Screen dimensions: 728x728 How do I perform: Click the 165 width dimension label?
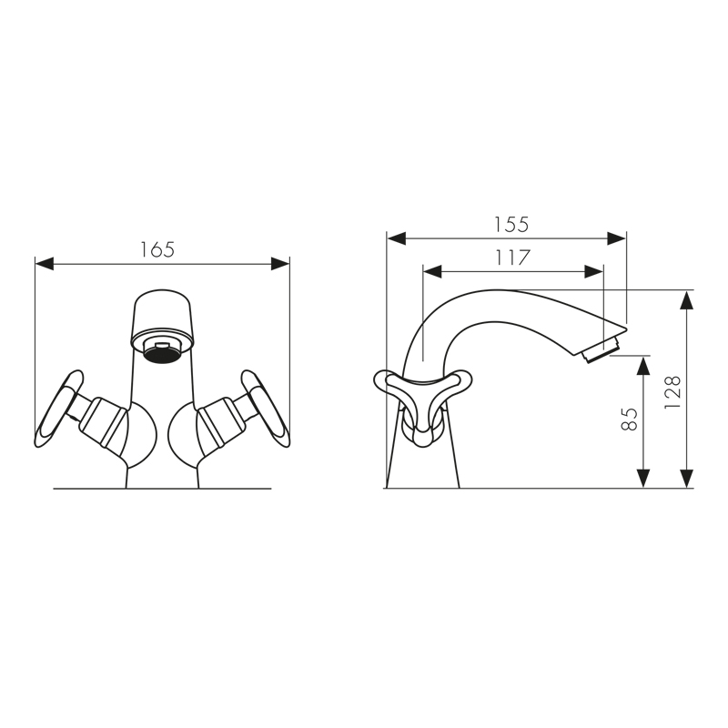tap(157, 249)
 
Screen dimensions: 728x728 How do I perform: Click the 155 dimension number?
tap(511, 225)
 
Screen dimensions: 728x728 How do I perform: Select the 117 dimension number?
tap(511, 258)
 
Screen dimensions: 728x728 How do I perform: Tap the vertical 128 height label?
tap(672, 392)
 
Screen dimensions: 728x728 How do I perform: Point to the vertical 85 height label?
tap(629, 420)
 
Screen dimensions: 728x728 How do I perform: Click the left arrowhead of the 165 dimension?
tap(45, 264)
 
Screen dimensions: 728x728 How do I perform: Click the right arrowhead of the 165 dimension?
tap(280, 264)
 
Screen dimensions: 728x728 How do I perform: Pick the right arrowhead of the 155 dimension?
tap(617, 238)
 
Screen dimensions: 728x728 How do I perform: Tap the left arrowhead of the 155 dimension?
tap(397, 238)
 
